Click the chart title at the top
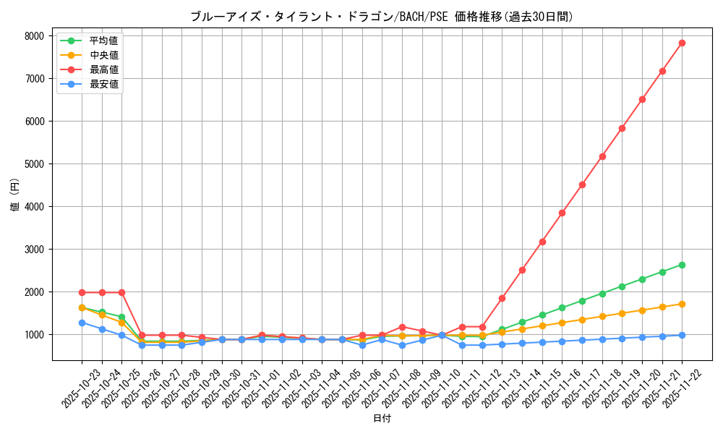[382, 17]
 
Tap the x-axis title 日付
[382, 419]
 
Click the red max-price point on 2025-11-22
[682, 43]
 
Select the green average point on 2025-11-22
[682, 265]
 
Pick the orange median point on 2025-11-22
[682, 304]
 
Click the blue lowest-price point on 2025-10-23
[82, 323]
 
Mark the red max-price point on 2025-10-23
[82, 292]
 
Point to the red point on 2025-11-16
[562, 213]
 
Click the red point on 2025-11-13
[502, 298]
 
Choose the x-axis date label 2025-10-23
[73, 387]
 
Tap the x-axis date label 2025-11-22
[673, 387]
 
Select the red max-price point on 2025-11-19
[622, 128]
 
